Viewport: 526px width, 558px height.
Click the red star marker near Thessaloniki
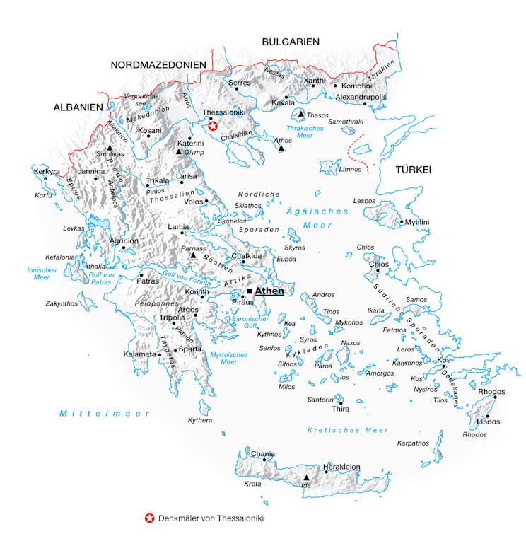click(x=213, y=125)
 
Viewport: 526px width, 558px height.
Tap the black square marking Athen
click(x=250, y=291)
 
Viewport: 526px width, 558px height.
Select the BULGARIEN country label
click(x=291, y=42)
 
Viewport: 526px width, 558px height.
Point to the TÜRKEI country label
click(x=414, y=170)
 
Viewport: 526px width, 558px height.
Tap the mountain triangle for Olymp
click(x=179, y=151)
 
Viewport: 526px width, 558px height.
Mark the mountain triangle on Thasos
click(x=301, y=114)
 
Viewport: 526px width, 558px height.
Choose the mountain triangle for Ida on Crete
click(x=306, y=477)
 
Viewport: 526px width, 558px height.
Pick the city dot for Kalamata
click(x=160, y=354)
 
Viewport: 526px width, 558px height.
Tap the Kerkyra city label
click(x=47, y=171)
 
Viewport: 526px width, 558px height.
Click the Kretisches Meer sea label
click(x=348, y=430)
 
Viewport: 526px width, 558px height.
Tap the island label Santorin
click(x=319, y=400)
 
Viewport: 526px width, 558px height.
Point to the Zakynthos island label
click(x=62, y=303)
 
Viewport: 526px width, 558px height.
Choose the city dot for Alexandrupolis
click(x=365, y=104)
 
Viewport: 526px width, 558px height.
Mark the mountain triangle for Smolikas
click(x=110, y=147)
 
